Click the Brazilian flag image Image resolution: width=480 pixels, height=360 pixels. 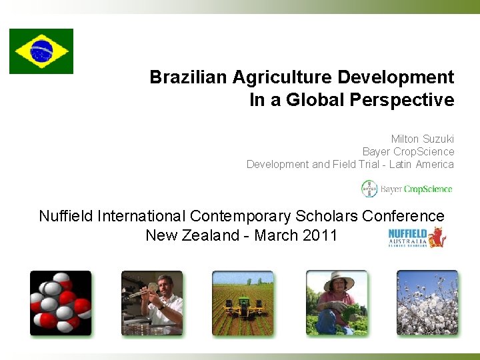pyautogui.click(x=41, y=51)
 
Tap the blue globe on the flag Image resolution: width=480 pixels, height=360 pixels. pyautogui.click(x=41, y=51)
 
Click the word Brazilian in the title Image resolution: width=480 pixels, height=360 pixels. pyautogui.click(x=189, y=77)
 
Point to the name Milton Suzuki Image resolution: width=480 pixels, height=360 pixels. pyautogui.click(x=422, y=139)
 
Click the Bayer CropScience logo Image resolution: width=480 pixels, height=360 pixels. pyautogui.click(x=407, y=189)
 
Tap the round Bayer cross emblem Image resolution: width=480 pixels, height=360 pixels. pyautogui.click(x=369, y=189)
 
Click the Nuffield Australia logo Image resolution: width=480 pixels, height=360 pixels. pyautogui.click(x=417, y=237)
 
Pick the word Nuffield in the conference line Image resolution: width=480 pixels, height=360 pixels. pyautogui.click(x=66, y=216)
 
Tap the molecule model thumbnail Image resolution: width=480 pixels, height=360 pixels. pyautogui.click(x=60, y=303)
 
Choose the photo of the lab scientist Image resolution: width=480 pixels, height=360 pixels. pyautogui.click(x=152, y=303)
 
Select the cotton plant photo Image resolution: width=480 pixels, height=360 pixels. pyautogui.click(x=427, y=303)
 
